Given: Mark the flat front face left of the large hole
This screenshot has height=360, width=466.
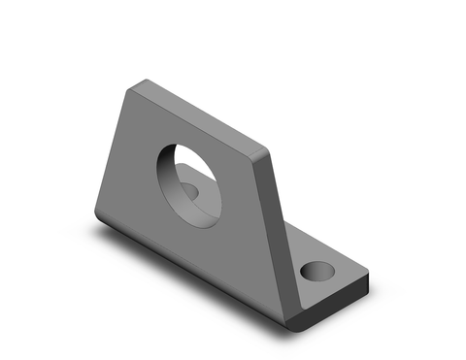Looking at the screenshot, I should pyautogui.click(x=131, y=175).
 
